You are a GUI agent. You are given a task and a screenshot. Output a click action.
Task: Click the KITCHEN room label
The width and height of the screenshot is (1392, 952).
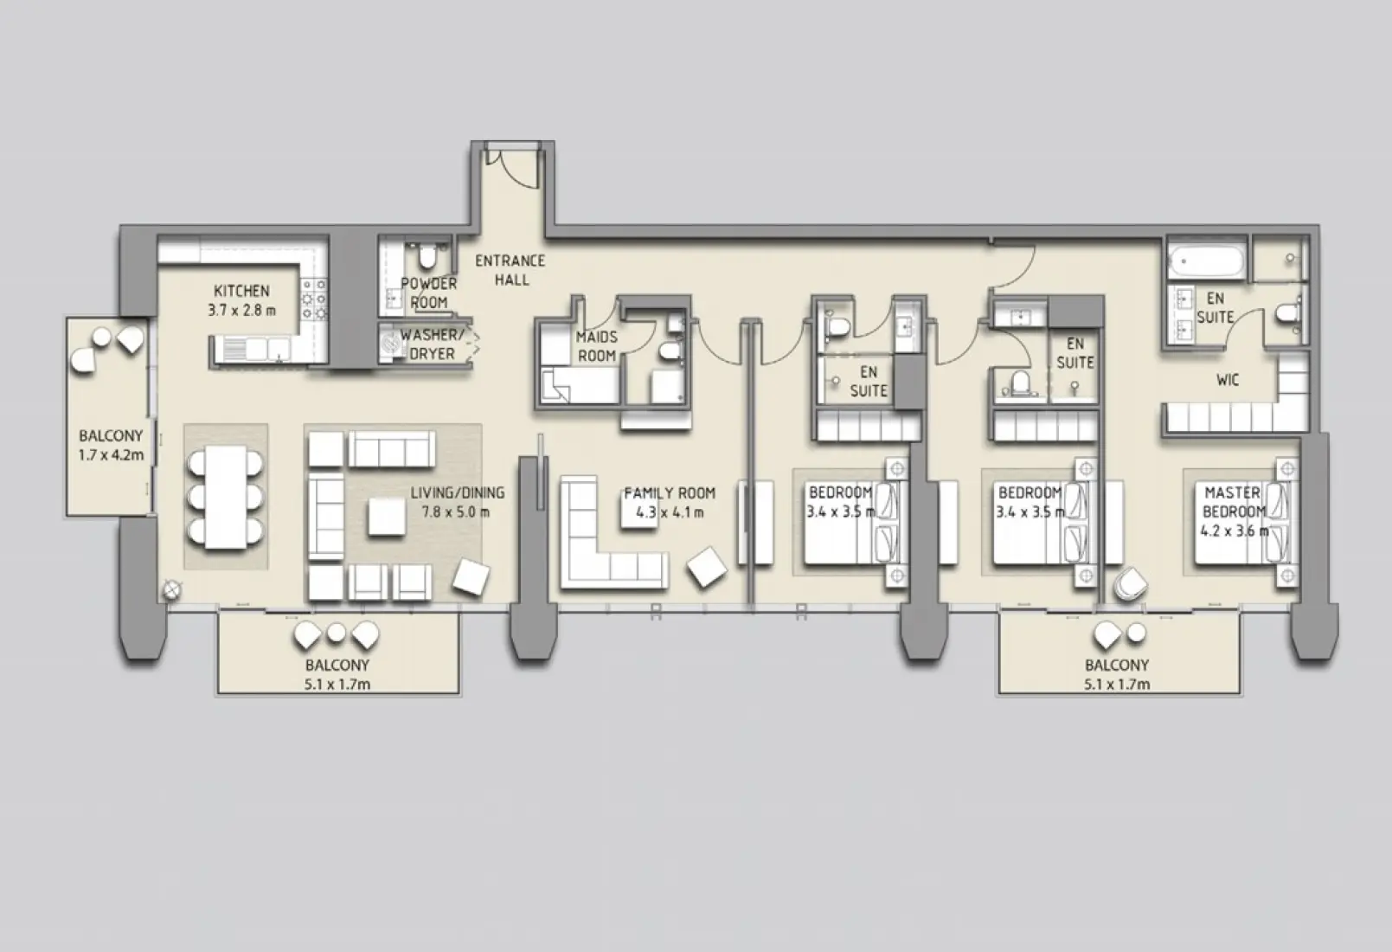click(241, 291)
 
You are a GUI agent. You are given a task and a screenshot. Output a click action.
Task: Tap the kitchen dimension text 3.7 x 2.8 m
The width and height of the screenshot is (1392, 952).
click(241, 310)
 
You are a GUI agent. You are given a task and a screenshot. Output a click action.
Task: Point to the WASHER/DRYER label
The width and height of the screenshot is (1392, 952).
click(432, 344)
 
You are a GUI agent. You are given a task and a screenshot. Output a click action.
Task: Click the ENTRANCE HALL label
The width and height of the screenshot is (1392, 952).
click(510, 270)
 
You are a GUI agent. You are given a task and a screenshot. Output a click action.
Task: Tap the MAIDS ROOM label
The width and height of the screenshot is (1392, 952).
click(597, 346)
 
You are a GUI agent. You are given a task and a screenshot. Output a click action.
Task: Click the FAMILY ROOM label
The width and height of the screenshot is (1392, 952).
click(670, 493)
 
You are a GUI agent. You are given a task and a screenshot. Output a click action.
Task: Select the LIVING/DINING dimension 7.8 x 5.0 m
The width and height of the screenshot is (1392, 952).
click(456, 511)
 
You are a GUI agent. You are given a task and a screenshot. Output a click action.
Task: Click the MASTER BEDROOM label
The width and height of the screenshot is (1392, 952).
click(1233, 502)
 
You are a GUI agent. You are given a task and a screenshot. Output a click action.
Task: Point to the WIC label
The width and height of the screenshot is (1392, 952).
click(1227, 379)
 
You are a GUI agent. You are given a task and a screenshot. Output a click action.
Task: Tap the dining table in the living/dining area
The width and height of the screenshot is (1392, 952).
click(225, 498)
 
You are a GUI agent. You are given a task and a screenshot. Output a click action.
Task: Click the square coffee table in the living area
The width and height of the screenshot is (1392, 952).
click(385, 518)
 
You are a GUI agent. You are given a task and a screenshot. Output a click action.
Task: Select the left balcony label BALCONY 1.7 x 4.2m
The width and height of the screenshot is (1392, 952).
click(111, 445)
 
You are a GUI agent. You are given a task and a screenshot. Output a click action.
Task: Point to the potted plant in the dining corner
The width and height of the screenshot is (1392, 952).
click(172, 590)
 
